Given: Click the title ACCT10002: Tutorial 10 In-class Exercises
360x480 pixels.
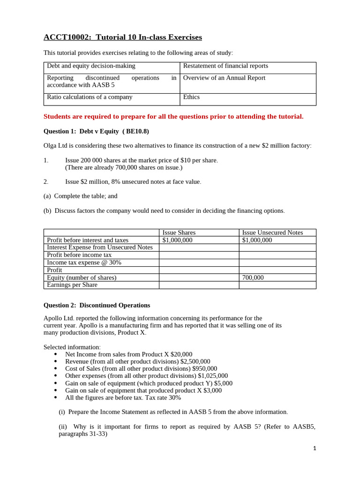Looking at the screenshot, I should point(123,37).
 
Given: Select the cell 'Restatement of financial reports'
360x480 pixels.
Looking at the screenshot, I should point(225,66).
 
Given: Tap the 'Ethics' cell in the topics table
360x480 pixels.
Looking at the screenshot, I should point(191,97).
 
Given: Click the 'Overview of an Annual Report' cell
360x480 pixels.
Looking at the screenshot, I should point(224,78).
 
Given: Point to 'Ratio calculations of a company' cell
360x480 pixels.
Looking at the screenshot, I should point(90,97).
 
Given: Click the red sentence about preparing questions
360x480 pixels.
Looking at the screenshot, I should point(173,116).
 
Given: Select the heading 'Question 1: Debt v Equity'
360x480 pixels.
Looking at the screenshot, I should point(96,131).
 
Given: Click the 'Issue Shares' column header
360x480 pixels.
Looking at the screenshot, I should point(179,232).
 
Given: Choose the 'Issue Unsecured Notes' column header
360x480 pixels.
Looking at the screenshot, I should point(272,232).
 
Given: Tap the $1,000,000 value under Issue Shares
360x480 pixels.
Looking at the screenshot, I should point(177,240).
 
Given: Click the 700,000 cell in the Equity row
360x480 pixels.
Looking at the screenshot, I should point(253,277).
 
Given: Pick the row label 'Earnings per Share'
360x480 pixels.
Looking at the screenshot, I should point(72,285).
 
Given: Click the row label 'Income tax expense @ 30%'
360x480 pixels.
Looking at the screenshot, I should point(84,262).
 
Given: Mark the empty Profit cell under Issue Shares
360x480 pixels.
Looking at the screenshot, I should point(199,270).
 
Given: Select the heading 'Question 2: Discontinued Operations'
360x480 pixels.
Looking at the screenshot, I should point(97,305).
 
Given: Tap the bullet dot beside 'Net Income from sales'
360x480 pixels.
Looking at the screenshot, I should point(56,354).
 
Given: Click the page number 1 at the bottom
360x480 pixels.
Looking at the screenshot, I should point(315,449).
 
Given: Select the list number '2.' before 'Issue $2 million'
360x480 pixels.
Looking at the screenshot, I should point(46,181).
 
